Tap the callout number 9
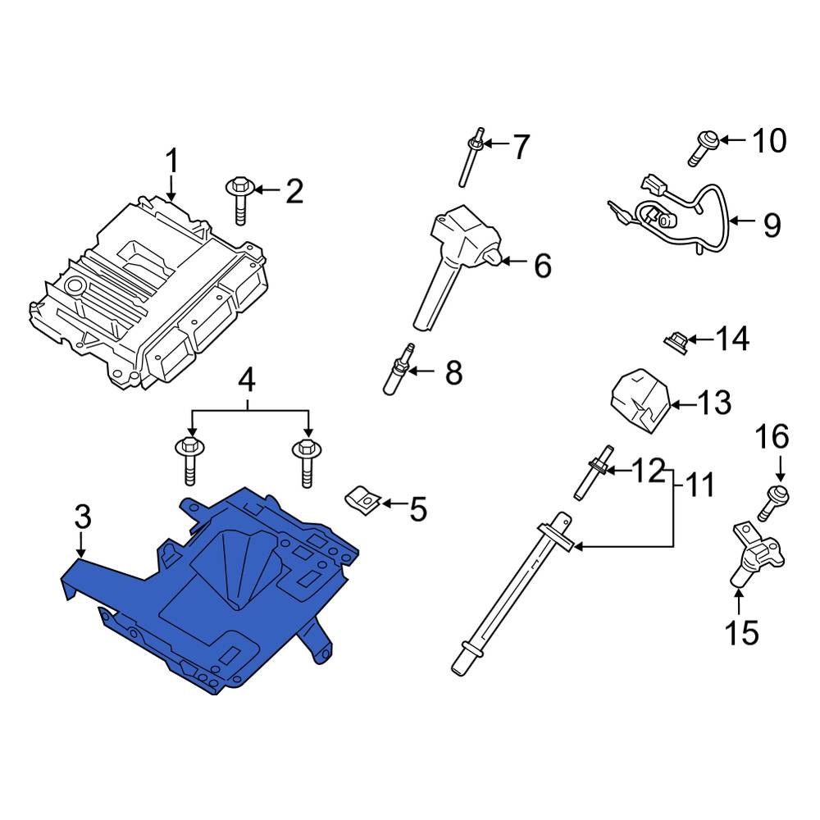[x=772, y=225]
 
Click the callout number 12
[x=648, y=471]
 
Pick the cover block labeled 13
[x=640, y=399]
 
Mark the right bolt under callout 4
[x=305, y=464]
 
